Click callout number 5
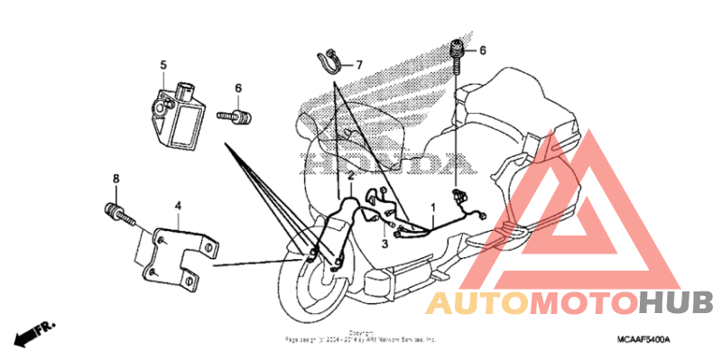point(164,64)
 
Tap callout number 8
point(116,179)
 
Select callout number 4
point(178,207)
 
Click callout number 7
point(358,65)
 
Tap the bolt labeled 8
point(119,216)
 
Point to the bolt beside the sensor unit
point(237,115)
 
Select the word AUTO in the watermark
point(476,303)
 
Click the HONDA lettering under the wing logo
point(389,162)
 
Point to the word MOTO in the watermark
point(581,302)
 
